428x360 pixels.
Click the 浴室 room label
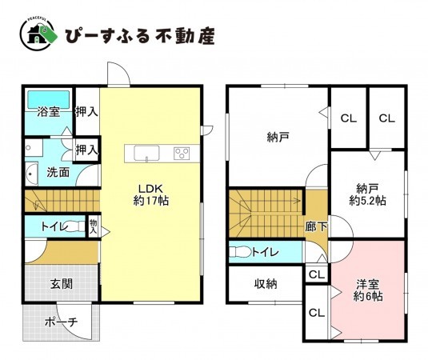(48, 112)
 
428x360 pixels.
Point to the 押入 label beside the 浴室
(86, 112)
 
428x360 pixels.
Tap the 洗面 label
(56, 171)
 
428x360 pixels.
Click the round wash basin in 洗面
(31, 172)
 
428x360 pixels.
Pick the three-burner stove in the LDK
(182, 153)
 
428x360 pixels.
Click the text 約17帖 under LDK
(150, 201)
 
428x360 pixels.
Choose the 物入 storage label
(93, 226)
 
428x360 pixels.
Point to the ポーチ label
(61, 322)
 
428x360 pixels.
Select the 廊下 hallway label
(316, 226)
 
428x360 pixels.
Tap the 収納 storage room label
(266, 282)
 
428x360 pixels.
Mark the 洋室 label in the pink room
(368, 282)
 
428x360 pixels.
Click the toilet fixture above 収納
(241, 252)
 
